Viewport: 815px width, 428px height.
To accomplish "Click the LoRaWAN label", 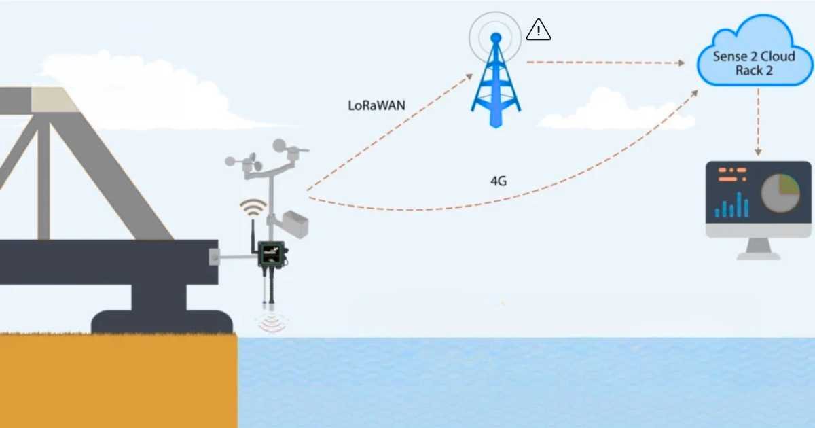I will (372, 105).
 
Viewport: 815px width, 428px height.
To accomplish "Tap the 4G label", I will (499, 181).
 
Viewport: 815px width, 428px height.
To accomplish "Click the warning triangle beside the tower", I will (539, 29).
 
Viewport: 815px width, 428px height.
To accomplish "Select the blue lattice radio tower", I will (496, 85).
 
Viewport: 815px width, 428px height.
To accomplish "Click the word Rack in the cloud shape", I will (748, 70).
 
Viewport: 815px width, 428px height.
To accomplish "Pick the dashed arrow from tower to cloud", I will (604, 63).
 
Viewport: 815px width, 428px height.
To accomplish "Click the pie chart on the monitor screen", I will (780, 192).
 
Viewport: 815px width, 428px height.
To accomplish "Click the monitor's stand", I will (759, 249).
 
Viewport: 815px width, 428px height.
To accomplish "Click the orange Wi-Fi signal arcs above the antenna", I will (253, 207).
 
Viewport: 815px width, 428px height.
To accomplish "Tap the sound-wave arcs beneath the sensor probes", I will (272, 323).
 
